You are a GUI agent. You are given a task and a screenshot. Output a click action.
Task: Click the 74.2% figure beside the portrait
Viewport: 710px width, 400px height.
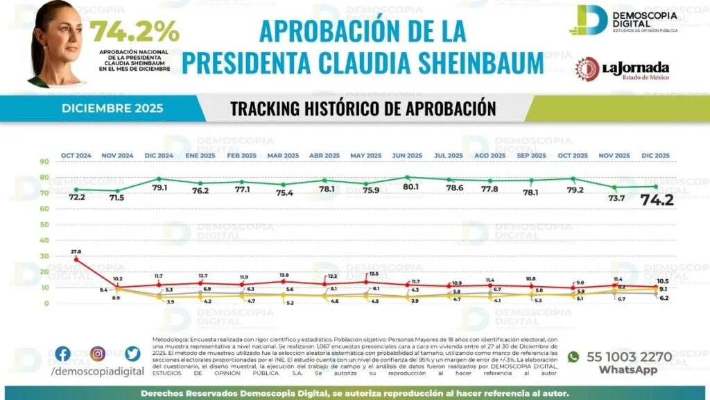click(x=135, y=31)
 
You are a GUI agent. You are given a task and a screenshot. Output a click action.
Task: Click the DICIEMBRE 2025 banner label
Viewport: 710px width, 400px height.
click(x=112, y=108)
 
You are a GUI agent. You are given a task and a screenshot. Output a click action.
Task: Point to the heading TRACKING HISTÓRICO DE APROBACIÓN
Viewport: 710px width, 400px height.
click(x=363, y=109)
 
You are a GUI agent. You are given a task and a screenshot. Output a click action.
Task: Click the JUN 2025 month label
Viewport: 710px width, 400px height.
click(x=407, y=156)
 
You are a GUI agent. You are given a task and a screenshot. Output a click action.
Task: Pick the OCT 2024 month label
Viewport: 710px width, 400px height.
click(x=76, y=156)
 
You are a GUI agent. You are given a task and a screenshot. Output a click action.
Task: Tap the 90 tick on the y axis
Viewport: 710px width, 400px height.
click(x=44, y=162)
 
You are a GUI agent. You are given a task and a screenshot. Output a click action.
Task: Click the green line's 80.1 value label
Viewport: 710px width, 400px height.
click(x=408, y=187)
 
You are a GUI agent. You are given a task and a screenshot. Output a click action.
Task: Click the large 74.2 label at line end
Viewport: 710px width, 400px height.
click(x=656, y=201)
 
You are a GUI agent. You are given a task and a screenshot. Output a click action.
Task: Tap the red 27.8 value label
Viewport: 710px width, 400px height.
click(x=76, y=251)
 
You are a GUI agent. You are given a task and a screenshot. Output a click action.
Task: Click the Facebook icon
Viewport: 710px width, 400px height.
click(x=62, y=354)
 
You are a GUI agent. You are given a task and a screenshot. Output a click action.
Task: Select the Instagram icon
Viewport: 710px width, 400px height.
click(x=97, y=354)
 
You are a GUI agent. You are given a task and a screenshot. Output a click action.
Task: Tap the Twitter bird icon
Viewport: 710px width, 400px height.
click(x=132, y=354)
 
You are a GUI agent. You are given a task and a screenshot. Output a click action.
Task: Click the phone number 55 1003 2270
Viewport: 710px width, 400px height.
click(x=629, y=357)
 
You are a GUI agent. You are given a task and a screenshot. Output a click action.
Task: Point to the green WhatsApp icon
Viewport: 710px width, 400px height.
click(x=573, y=357)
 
